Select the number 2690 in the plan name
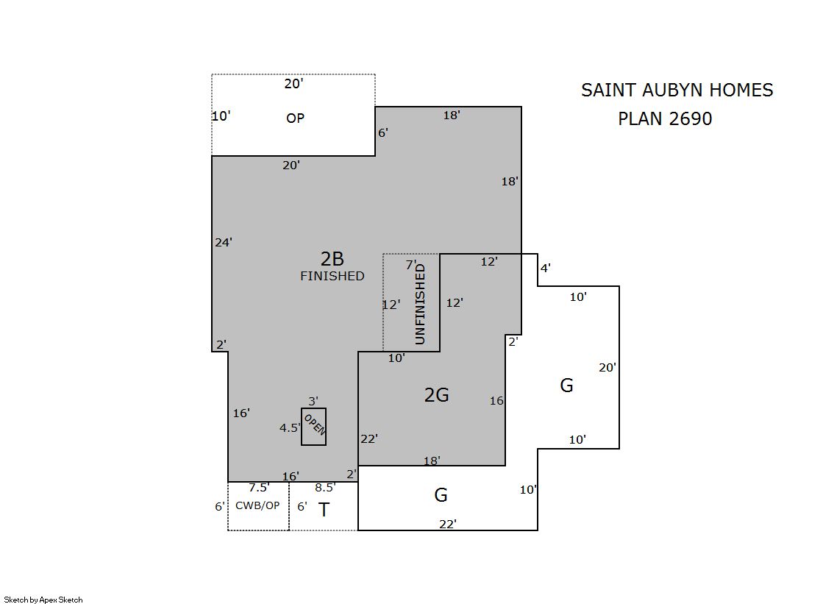(x=690, y=118)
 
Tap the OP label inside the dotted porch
(x=295, y=118)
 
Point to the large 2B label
(x=332, y=259)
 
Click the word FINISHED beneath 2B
(x=332, y=276)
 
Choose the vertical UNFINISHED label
(x=420, y=304)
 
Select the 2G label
(x=437, y=395)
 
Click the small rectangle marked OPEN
(x=313, y=427)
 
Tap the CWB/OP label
(x=257, y=505)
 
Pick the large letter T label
(x=324, y=509)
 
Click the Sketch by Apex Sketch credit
(x=43, y=600)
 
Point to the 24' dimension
(x=224, y=242)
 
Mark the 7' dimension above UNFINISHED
(x=411, y=265)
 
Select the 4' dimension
(x=545, y=268)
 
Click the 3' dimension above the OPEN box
(x=313, y=401)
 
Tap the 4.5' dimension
(x=290, y=428)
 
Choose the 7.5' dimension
(x=260, y=488)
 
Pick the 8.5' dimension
(x=325, y=488)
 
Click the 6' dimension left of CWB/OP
(x=219, y=506)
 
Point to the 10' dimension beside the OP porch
(x=221, y=116)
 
